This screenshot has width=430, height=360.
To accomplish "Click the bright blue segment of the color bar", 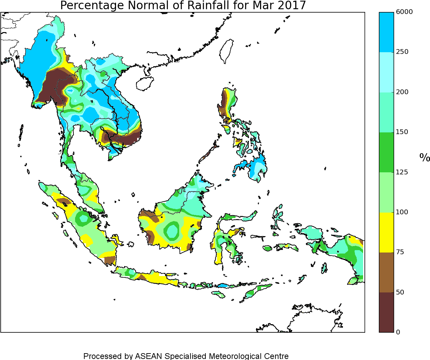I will click(x=386, y=32).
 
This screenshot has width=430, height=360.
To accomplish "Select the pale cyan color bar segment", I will click(x=386, y=72).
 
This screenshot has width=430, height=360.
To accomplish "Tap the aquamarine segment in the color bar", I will click(x=386, y=112).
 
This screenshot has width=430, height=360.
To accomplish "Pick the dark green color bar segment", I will click(x=386, y=152).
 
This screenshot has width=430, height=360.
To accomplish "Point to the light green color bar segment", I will click(x=386, y=192).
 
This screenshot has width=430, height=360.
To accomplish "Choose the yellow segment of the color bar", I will click(x=386, y=232).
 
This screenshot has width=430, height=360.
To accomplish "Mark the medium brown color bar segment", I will click(x=386, y=272).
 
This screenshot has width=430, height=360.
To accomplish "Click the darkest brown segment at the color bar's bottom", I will click(x=386, y=312).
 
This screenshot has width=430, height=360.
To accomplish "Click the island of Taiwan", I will click(x=227, y=51).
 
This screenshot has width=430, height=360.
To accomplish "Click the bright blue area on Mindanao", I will click(x=257, y=167).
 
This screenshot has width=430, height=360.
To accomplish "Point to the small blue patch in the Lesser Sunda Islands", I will click(x=223, y=285).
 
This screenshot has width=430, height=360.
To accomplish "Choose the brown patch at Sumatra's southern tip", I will click(x=110, y=261).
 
